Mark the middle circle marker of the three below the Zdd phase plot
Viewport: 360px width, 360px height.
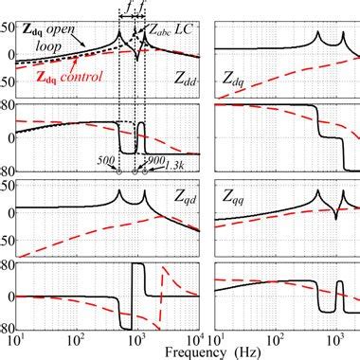click(x=135, y=171)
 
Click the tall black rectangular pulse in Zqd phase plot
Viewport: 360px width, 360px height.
click(x=136, y=284)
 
